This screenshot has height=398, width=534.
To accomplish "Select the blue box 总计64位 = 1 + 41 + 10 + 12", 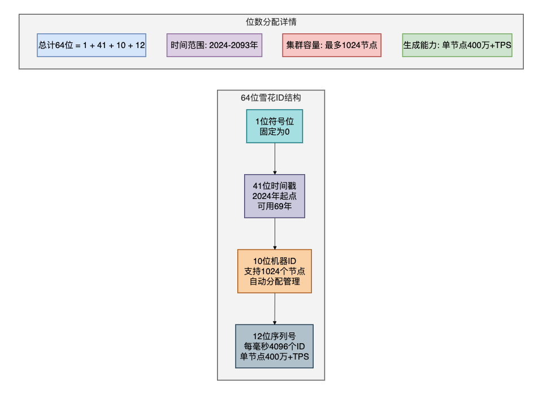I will (92, 45).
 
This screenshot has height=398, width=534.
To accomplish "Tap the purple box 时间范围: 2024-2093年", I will (214, 45).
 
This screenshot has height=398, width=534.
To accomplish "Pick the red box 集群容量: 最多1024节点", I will (332, 45).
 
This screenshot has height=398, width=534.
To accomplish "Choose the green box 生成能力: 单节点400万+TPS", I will (457, 45).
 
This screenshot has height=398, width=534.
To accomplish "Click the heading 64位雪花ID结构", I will (271, 98).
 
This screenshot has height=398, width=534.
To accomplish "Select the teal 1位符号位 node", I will (274, 126).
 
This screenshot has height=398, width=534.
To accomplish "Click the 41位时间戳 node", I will (275, 196).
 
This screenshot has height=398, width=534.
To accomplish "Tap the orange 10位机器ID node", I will (275, 271).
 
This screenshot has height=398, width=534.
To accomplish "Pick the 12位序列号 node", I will (274, 346).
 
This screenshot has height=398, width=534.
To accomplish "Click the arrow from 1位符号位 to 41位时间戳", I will (275, 158).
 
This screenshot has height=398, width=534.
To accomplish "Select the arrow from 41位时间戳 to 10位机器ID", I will (275, 233).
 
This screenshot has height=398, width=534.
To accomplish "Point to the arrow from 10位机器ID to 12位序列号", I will (275, 308).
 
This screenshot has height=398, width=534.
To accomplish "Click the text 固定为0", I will (275, 131).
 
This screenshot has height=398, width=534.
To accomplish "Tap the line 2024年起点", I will (275, 196).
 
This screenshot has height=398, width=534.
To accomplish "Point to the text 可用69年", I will (275, 206).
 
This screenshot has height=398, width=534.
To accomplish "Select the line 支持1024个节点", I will (275, 271).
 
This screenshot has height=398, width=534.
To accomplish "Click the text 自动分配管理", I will (275, 281).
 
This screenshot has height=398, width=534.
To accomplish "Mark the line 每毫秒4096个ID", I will (274, 346).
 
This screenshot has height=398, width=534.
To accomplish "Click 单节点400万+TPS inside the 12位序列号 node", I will (274, 356).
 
